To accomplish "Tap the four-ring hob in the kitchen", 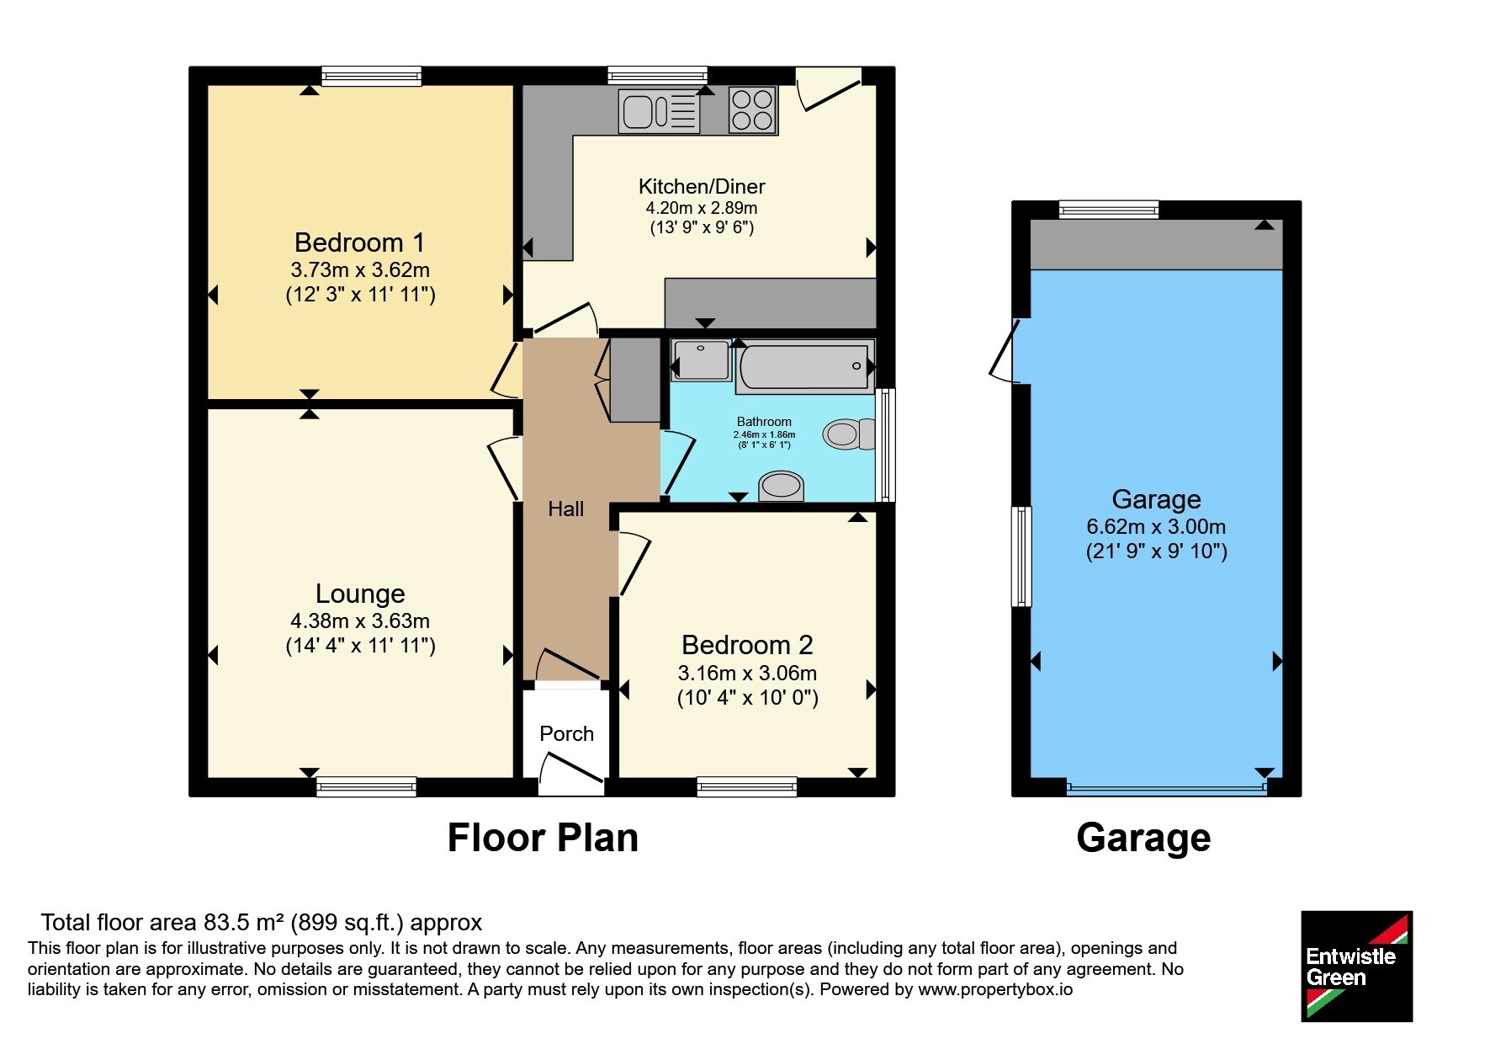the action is tap(752, 110).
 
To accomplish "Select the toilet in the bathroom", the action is tap(849, 434).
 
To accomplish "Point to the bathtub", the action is tap(804, 367).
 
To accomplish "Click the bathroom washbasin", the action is tap(782, 486).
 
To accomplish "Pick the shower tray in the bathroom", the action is tap(702, 360).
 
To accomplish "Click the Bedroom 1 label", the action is tap(359, 242).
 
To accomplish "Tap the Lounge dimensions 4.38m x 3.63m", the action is tap(360, 621).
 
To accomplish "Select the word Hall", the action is tap(565, 509).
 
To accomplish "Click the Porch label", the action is tap(566, 733).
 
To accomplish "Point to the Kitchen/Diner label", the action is tap(702, 186).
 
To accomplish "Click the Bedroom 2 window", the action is tap(747, 787).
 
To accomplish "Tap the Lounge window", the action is tap(366, 787).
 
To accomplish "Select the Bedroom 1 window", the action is tap(371, 76).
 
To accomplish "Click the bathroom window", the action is tap(885, 445).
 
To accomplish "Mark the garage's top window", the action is tap(1109, 210).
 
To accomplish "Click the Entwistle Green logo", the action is tap(1356, 967).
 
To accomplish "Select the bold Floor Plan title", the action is tap(543, 838).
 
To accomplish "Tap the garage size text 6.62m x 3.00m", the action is tap(1156, 527).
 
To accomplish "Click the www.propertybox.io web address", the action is tap(995, 989).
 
